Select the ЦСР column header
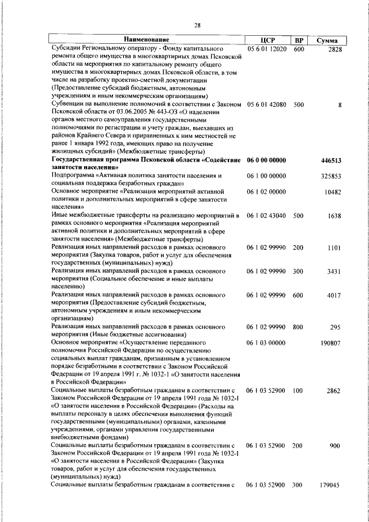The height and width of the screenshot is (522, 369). click(x=266, y=40)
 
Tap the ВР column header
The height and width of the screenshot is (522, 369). click(x=299, y=40)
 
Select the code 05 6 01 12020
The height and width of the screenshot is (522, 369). click(x=266, y=51)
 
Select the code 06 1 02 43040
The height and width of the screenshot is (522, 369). click(x=266, y=215)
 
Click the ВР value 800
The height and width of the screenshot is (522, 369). click(x=298, y=327)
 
